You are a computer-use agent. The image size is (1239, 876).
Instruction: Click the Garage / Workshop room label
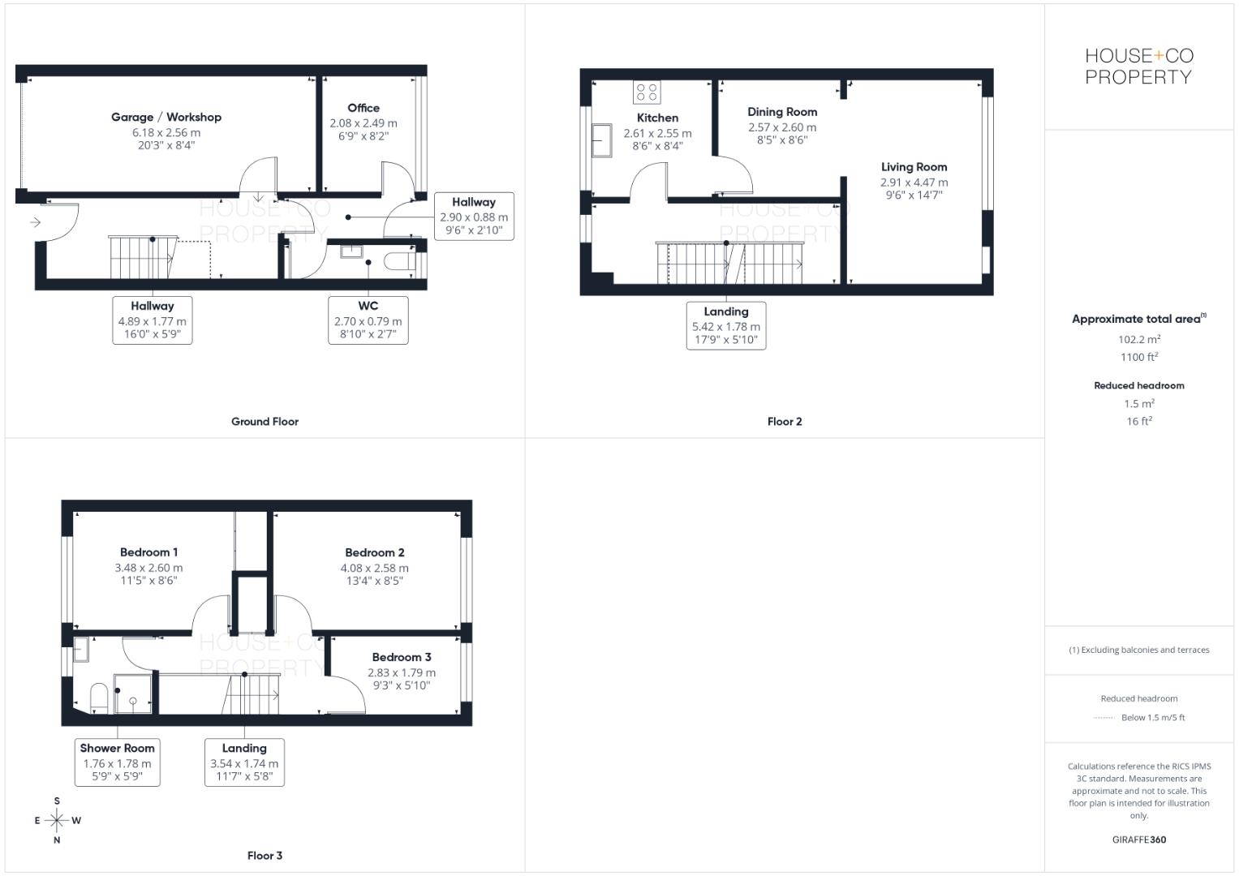pos(166,117)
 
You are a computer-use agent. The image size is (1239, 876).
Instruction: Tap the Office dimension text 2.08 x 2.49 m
pos(364,123)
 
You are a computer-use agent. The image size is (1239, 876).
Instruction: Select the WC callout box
pos(368,320)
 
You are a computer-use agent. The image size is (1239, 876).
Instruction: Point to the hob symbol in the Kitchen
pos(647,92)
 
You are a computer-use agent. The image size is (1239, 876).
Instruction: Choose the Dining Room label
pos(782,112)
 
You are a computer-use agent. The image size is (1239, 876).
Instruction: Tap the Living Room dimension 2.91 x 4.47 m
pos(914,182)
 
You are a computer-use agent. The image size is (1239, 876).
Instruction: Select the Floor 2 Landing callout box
pos(726,325)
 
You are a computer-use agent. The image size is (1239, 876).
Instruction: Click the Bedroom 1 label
pos(149,552)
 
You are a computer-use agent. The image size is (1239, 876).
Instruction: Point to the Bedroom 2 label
pos(375,552)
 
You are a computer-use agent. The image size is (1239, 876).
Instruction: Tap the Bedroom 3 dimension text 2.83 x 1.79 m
pos(402,672)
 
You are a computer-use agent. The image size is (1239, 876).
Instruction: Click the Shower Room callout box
pos(118,762)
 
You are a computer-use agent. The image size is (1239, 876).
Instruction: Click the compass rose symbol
pos(57,820)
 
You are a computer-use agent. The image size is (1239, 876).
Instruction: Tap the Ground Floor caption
pos(265,422)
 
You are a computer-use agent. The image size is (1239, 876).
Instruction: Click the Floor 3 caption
pos(265,856)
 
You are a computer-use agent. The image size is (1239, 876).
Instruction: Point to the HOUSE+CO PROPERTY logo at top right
pos(1139,67)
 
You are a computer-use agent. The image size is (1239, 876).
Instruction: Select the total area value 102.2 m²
pos(1139,340)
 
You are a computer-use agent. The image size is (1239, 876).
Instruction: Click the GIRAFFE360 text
pos(1139,839)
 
